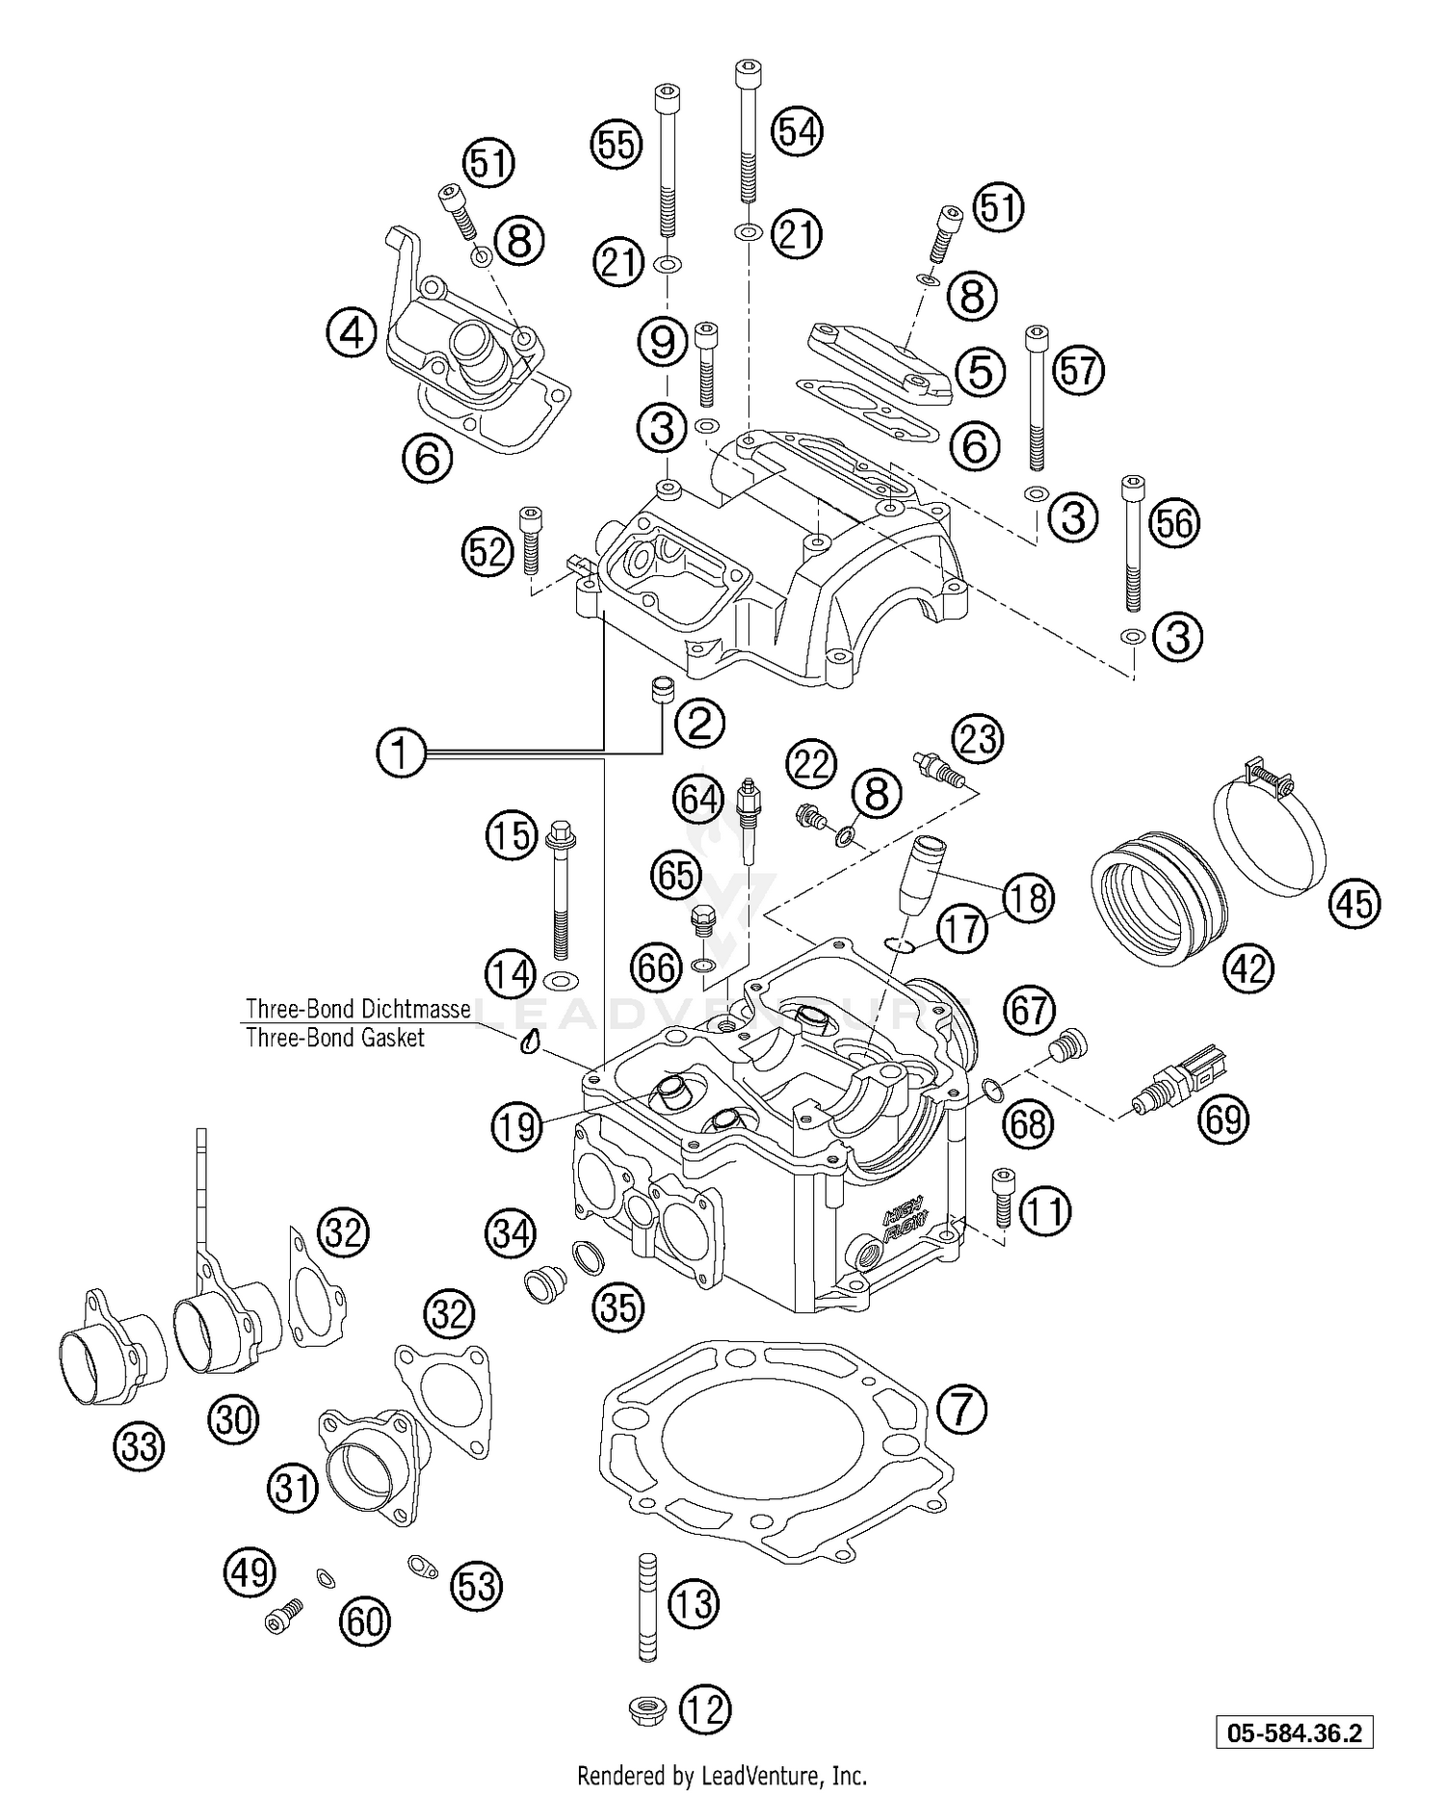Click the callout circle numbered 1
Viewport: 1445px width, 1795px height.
(x=401, y=753)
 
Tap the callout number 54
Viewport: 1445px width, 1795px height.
(x=798, y=130)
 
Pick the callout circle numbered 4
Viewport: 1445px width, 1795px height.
(x=351, y=333)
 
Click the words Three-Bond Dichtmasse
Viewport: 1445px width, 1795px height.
(x=357, y=1009)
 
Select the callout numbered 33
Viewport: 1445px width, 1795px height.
(x=140, y=1445)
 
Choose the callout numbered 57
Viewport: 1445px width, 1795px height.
(x=1078, y=370)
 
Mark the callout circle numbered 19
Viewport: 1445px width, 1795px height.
(x=517, y=1124)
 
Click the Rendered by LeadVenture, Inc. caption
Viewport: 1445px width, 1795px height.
(x=722, y=1775)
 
